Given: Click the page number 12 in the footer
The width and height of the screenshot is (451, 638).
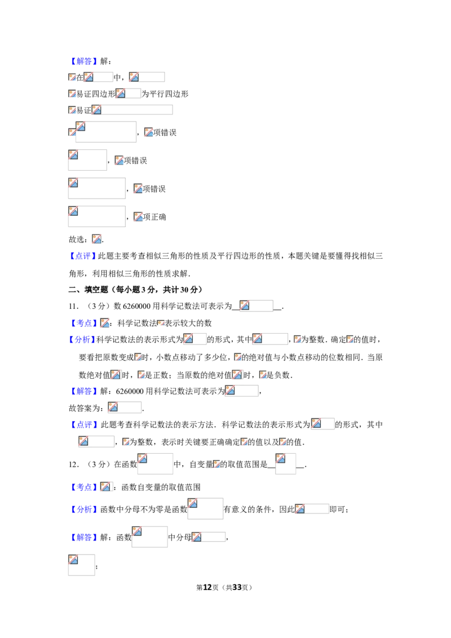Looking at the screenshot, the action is coord(207,587).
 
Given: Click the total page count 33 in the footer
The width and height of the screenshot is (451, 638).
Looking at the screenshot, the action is coord(237,587).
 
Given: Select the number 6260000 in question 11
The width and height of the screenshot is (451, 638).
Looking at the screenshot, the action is coord(136,306).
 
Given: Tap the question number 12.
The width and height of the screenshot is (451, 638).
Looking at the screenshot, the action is coord(73,464).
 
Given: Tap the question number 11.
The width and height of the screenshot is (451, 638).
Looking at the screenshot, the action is coord(73,306).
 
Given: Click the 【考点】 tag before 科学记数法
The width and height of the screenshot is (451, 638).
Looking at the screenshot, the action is coord(84,323).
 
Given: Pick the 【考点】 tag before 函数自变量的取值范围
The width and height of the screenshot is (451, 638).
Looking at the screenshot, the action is coord(84,487).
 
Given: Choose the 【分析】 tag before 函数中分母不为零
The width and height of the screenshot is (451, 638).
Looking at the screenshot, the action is coord(84,509).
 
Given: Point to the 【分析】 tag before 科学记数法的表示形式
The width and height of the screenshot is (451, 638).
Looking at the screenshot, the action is coord(82,339).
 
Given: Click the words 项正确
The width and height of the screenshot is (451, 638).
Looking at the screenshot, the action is coord(154,218).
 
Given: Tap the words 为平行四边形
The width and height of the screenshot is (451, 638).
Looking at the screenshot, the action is coord(165,94).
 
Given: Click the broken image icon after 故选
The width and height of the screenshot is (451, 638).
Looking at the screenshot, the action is coord(96,239).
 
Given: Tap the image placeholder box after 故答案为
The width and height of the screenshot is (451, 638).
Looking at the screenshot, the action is coord(125,407).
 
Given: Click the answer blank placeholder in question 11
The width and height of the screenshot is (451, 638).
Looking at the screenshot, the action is coord(256,305).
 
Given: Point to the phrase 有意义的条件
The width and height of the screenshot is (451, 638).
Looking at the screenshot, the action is coord(247,509).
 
